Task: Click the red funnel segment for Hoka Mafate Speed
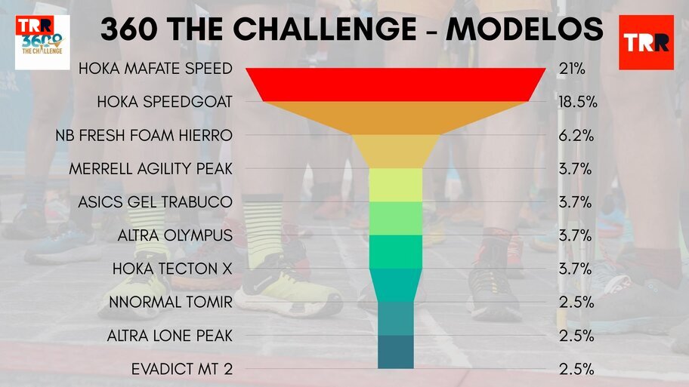pyautogui.click(x=395, y=84)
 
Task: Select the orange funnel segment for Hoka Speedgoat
pyautogui.click(x=395, y=118)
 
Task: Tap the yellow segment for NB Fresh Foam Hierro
pyautogui.click(x=395, y=152)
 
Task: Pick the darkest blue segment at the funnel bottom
pyautogui.click(x=395, y=352)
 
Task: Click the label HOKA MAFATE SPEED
pyautogui.click(x=156, y=69)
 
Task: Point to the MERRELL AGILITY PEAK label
pyautogui.click(x=150, y=168)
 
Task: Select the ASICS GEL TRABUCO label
pyautogui.click(x=155, y=202)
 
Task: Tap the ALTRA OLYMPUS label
pyautogui.click(x=175, y=235)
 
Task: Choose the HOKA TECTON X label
pyautogui.click(x=172, y=269)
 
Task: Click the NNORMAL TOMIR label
pyautogui.click(x=171, y=302)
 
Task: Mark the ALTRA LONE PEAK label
pyautogui.click(x=170, y=336)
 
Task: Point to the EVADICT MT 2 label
pyautogui.click(x=182, y=369)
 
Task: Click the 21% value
pyautogui.click(x=572, y=69)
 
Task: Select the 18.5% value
pyautogui.click(x=578, y=102)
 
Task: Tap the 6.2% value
pyautogui.click(x=576, y=135)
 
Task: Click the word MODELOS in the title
pyautogui.click(x=524, y=29)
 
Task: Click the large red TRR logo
pyautogui.click(x=647, y=42)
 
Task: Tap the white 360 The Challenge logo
pyautogui.click(x=42, y=42)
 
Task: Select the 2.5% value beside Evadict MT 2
pyautogui.click(x=576, y=369)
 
